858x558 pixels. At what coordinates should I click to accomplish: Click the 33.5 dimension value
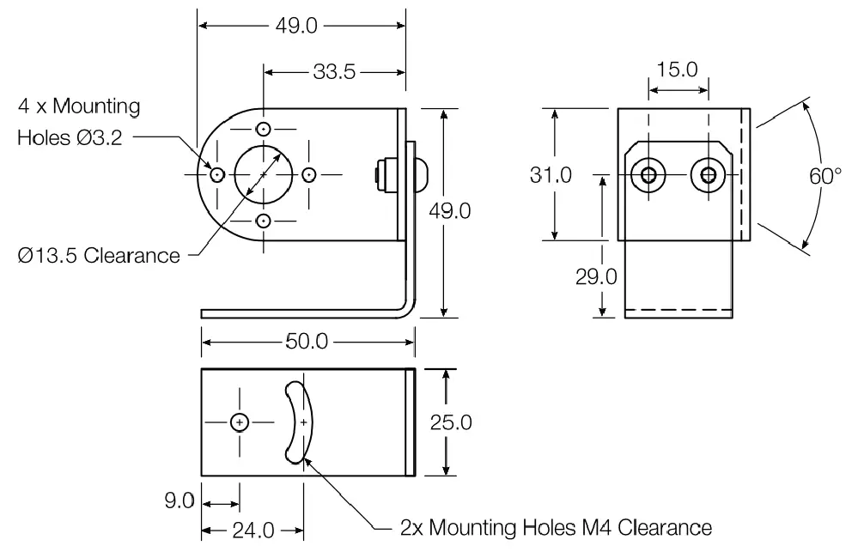click(334, 72)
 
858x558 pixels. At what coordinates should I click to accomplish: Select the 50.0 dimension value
click(307, 342)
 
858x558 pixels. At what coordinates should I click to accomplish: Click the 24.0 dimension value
click(253, 531)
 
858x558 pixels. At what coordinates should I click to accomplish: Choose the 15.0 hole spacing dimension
click(678, 70)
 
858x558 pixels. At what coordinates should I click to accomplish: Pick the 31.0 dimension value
click(551, 175)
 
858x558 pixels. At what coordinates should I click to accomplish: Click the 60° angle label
click(825, 176)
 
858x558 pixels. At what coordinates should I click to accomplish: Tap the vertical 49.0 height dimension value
click(448, 210)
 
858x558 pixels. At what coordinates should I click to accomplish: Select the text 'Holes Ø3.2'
click(70, 137)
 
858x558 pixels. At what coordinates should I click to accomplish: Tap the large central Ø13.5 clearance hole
click(264, 174)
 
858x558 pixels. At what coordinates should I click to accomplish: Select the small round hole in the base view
click(240, 422)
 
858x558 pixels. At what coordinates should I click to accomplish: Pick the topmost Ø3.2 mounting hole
click(264, 129)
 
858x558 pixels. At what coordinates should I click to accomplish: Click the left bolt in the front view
click(648, 175)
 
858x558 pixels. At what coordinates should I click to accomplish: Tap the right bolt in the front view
click(708, 175)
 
